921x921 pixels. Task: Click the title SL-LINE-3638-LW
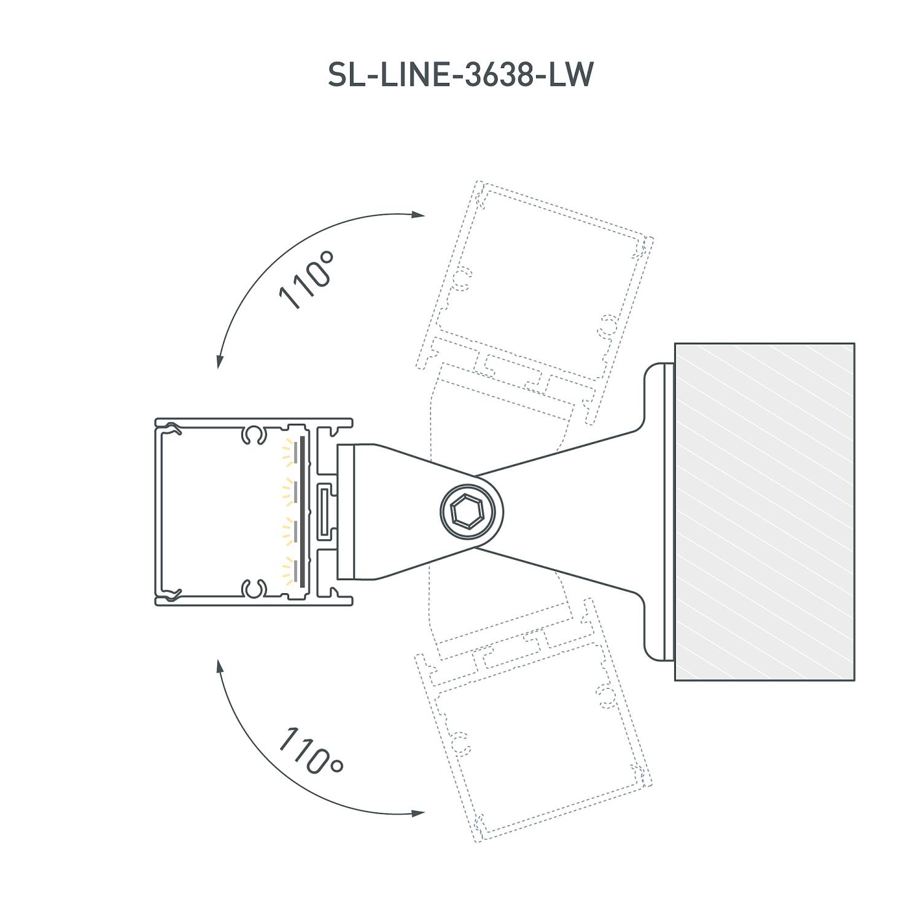tap(460, 75)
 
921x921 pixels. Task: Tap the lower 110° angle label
tap(311, 750)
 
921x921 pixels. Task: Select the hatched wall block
tap(764, 511)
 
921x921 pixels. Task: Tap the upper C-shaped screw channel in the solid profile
tap(253, 435)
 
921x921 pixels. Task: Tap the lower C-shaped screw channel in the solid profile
tap(253, 589)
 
